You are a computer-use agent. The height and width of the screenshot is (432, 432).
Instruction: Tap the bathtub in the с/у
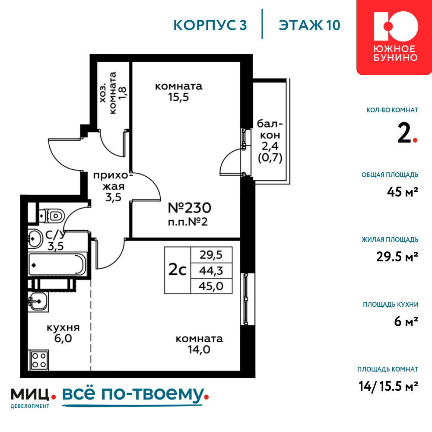[x=57, y=265]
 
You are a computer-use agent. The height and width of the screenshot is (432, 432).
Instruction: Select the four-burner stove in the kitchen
[x=38, y=360]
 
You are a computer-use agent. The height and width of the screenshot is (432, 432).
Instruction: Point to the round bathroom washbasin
[x=35, y=238]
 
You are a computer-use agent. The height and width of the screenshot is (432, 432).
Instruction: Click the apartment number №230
[x=190, y=208]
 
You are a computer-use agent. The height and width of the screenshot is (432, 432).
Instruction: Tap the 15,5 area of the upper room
[x=178, y=97]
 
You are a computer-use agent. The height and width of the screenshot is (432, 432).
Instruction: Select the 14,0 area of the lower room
[x=199, y=349]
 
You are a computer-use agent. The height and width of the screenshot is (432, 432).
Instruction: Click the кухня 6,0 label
[x=63, y=333]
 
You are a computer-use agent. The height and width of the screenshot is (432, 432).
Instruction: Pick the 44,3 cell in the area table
[x=211, y=271]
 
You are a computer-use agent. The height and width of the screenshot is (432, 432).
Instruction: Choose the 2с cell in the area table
[x=178, y=270]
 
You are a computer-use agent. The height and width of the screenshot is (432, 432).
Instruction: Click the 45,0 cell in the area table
[x=211, y=286]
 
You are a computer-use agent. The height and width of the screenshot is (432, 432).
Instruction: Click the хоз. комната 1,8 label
[x=113, y=93]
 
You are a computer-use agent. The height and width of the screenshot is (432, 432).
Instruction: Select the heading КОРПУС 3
[x=210, y=25]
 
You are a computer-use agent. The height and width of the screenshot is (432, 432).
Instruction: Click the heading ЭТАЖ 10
[x=309, y=25]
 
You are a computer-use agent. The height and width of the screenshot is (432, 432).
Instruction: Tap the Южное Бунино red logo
[x=394, y=37]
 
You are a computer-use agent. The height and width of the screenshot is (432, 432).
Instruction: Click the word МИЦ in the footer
[x=30, y=394]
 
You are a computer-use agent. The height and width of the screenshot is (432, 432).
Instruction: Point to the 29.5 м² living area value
[x=397, y=257]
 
